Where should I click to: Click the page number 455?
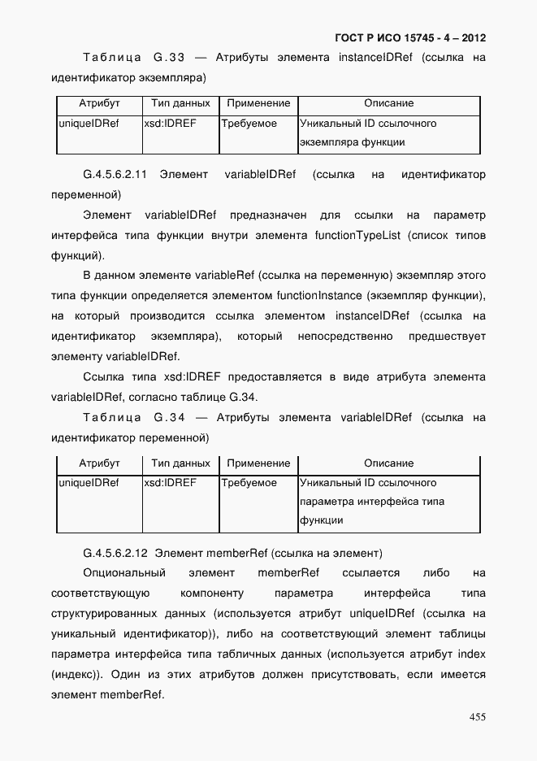[x=477, y=717]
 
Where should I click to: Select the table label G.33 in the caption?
[x=170, y=58]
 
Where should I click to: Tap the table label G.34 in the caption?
[x=170, y=418]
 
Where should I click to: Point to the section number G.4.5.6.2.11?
[x=115, y=175]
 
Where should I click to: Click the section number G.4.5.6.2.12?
[x=115, y=554]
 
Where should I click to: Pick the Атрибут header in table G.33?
[x=99, y=103]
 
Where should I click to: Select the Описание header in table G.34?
[x=388, y=463]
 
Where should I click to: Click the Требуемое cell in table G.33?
[x=249, y=124]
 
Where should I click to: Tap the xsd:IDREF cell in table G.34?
[x=170, y=483]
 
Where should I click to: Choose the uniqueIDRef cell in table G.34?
[x=89, y=483]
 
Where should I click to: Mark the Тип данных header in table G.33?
[x=180, y=103]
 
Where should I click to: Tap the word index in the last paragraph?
[x=470, y=654]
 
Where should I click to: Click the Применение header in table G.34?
[x=258, y=463]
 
